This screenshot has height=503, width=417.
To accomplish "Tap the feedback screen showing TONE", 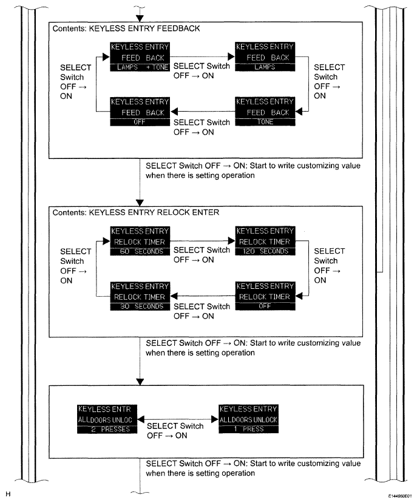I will click(264, 112).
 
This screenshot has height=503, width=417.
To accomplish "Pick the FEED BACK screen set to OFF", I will click(139, 112).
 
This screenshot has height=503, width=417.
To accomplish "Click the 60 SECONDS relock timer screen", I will click(139, 240).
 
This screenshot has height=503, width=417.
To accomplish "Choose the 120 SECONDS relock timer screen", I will click(264, 240).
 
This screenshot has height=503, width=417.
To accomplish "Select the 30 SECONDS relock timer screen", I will click(139, 296).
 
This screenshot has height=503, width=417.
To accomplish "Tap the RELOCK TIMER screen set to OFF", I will click(264, 296).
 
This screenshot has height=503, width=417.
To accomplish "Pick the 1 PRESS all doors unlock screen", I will click(249, 419).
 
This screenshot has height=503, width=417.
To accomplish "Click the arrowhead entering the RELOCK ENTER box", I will click(140, 203).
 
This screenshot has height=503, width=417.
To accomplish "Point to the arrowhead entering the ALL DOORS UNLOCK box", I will click(140, 381).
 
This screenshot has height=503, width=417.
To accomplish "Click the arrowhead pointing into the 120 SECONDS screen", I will click(231, 240).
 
